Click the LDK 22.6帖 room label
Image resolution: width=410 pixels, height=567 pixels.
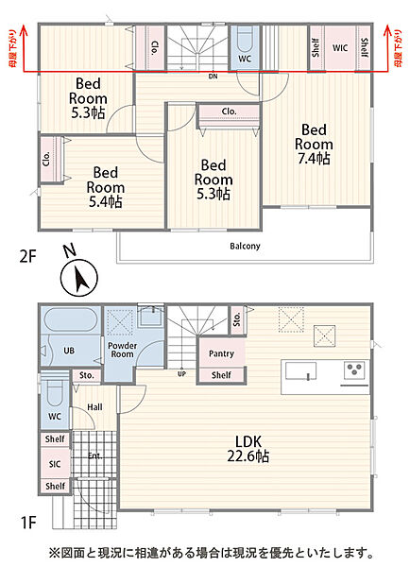coord(248,449)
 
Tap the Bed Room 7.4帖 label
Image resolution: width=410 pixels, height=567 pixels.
coord(314,145)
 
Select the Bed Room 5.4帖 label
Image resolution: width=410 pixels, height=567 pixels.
coord(105,187)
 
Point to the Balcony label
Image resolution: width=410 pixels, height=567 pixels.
coord(245,247)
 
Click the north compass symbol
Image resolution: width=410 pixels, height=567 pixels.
coord(78,278)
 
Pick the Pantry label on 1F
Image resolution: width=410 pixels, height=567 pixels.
coord(221,353)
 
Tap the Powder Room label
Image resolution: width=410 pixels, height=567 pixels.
coord(122,350)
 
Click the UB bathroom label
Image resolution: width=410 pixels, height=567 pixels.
coord(69,351)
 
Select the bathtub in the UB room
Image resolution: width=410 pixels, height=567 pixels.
coord(71,319)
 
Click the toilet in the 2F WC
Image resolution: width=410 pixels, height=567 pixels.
coord(245,40)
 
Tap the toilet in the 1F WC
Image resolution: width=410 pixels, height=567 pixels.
coord(55,393)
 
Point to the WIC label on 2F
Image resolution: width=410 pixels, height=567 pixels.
coord(340,48)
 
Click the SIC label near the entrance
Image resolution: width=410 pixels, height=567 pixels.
coord(55,464)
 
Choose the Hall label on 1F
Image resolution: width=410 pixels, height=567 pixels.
coord(94,407)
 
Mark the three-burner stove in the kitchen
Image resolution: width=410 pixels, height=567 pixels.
coord(354,369)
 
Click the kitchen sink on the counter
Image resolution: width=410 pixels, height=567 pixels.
coord(300,370)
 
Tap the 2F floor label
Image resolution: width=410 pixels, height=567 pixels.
coord(27,257)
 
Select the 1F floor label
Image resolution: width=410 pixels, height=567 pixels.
coord(28,523)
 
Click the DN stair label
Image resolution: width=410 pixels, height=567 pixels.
coord(213,77)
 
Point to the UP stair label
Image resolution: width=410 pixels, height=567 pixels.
coord(181,374)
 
